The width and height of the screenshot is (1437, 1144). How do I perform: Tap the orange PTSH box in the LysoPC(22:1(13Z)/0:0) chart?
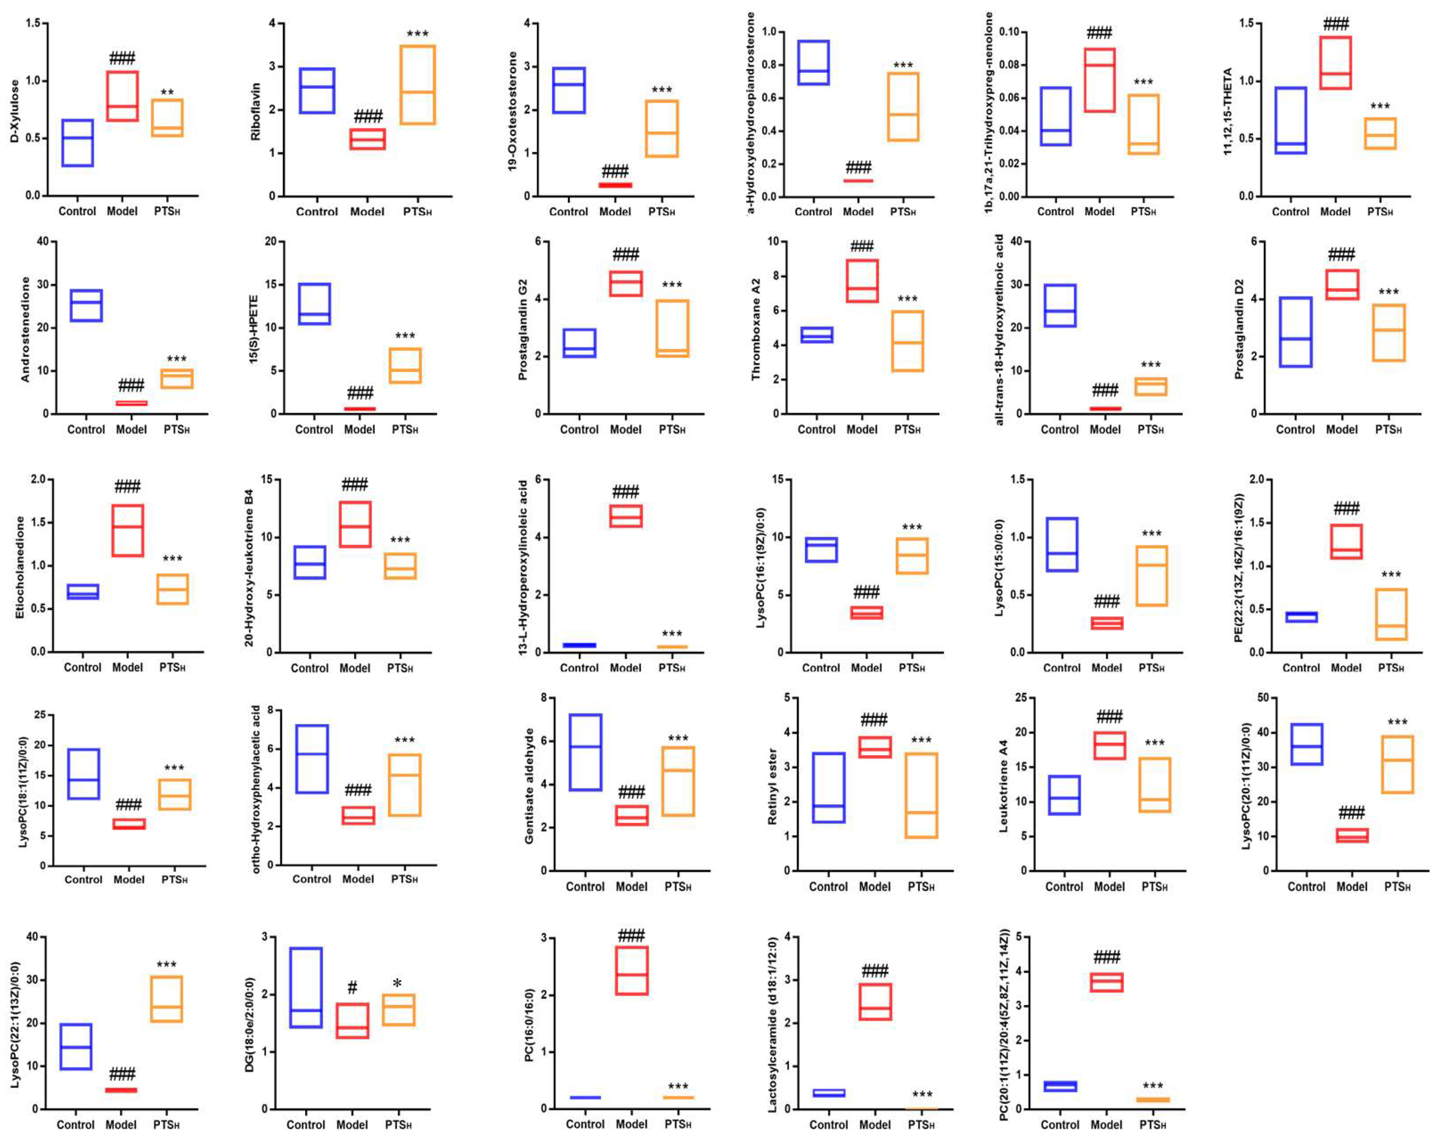tap(166, 999)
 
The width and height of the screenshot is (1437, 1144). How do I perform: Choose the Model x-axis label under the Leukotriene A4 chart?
tap(1109, 887)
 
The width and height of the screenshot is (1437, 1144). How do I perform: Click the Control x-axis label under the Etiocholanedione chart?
tap(82, 667)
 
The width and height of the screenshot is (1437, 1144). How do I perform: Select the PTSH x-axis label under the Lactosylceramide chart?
tap(921, 1125)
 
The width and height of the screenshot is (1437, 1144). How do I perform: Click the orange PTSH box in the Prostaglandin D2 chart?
tap(1388, 333)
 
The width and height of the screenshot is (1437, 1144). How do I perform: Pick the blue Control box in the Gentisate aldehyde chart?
tap(585, 752)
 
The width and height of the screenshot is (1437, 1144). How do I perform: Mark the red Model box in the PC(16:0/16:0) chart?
tap(631, 970)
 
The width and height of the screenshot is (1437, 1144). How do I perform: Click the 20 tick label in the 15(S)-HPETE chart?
tap(270, 241)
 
